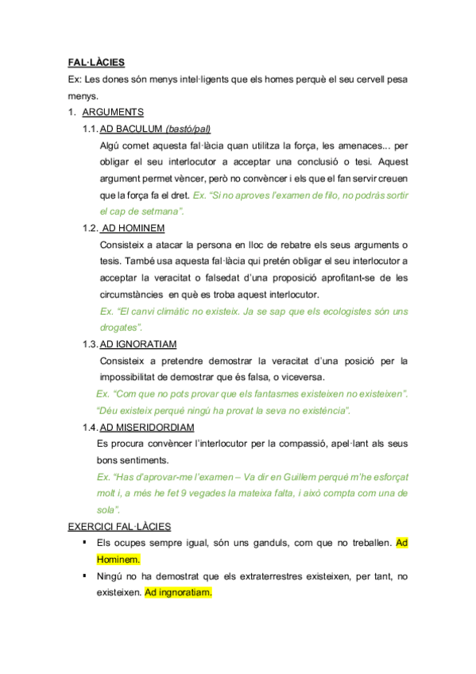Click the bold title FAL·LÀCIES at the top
[96, 62]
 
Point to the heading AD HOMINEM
[134, 228]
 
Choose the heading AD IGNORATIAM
[138, 343]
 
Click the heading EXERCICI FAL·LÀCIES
[119, 526]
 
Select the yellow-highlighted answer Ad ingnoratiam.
[179, 592]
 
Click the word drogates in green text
[120, 327]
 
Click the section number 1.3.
[89, 343]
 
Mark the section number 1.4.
[89, 427]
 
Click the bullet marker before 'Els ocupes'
[83, 541]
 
